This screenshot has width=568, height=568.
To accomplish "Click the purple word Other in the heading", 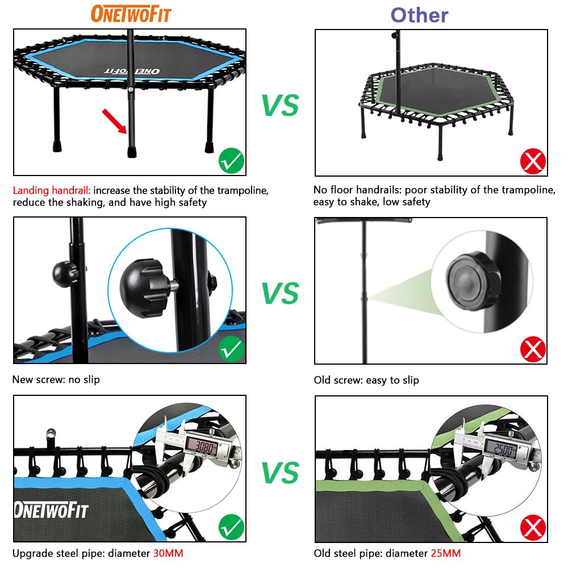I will tap(419, 15).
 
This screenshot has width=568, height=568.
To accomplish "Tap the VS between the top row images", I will tap(280, 106).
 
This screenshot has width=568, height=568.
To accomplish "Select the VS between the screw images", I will tap(280, 293).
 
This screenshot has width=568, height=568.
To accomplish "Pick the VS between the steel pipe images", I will tap(280, 472).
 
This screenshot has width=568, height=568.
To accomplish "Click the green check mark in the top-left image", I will tap(231, 161).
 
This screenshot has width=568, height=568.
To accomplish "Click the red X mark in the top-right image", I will tap(533, 162).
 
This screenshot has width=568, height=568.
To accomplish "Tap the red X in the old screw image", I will tap(533, 349).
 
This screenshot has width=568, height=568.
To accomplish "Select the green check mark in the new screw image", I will tap(231, 349).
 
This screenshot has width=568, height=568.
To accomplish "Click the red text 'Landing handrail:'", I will tap(51, 190).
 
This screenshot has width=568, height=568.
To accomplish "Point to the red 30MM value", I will tap(168, 553).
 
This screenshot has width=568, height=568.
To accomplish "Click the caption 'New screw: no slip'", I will tap(56, 379).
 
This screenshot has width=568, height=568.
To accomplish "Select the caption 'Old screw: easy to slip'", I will tap(366, 380).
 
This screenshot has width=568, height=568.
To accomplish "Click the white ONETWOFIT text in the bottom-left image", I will tap(51, 509).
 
